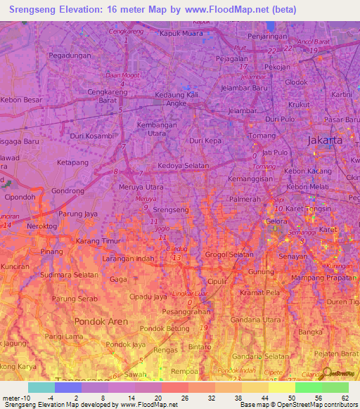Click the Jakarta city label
pyautogui.click(x=325, y=140)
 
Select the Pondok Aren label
pyautogui.click(x=98, y=321)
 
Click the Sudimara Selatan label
pyautogui.click(x=69, y=275)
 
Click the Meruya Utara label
pyautogui.click(x=142, y=188)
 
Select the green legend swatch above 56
pyautogui.click(x=309, y=387)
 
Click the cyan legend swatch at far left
pyautogui.click(x=41, y=387)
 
